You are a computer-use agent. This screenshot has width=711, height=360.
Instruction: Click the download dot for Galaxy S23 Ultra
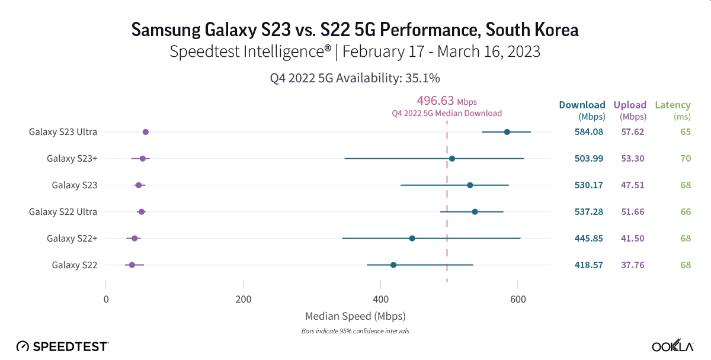click(x=507, y=131)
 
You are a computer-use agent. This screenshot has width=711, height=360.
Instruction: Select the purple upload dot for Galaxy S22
click(x=132, y=265)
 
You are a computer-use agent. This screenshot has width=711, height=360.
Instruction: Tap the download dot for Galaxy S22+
click(x=412, y=238)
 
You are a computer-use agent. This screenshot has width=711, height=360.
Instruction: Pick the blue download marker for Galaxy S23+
click(x=452, y=158)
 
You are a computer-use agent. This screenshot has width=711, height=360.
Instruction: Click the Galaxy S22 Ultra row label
click(x=63, y=211)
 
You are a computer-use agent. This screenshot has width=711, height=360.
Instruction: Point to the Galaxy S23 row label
click(x=74, y=185)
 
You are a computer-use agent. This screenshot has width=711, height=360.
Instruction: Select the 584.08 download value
click(x=588, y=131)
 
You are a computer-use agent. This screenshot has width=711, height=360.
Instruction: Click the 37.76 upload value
click(x=632, y=265)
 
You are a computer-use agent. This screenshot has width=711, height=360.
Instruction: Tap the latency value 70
click(x=686, y=158)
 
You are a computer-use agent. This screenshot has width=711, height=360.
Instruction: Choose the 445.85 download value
click(x=588, y=238)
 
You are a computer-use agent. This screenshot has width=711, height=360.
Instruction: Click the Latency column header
click(x=672, y=105)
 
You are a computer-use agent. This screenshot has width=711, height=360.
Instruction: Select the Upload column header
click(x=630, y=105)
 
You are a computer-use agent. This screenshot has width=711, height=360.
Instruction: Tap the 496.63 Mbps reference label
click(x=447, y=101)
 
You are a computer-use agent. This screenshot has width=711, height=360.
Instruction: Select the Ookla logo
click(x=672, y=346)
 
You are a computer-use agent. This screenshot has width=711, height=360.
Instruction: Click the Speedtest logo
click(x=62, y=346)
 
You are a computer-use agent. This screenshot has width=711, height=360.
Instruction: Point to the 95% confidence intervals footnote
click(x=355, y=331)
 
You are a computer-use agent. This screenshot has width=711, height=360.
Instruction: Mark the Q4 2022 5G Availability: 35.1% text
click(x=355, y=78)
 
